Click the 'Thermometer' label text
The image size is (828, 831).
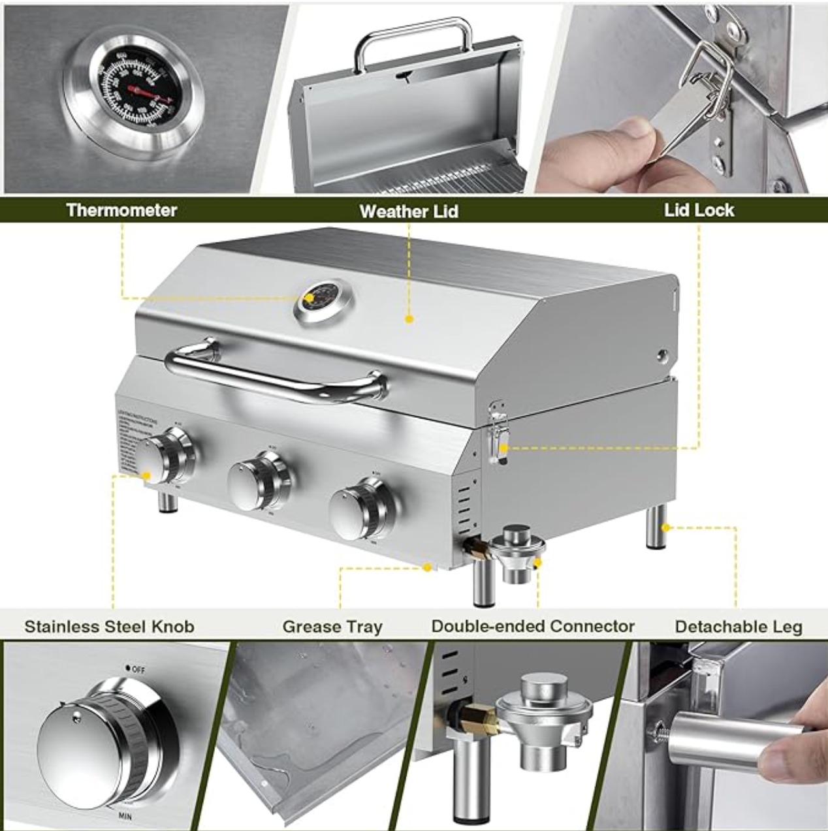pos(121,210)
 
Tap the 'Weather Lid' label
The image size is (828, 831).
pos(409,212)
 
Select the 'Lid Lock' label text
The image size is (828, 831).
pos(699,210)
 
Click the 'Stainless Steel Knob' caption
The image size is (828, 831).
pos(109,627)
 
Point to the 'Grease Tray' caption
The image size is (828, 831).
pos(332,627)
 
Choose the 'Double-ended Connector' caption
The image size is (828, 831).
pos(533,626)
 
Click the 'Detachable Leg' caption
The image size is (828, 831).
pos(739,627)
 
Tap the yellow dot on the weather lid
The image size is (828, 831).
pos(409,319)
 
